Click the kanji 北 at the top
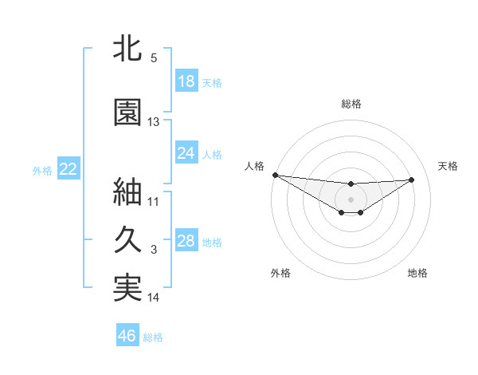point(128,50)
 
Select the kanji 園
point(128,112)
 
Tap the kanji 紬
point(128,191)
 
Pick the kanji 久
point(128,239)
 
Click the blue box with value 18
point(186,81)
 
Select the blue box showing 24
point(186,153)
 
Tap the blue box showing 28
point(186,242)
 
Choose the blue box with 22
point(68,169)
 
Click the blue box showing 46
point(127,336)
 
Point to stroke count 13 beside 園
point(154,122)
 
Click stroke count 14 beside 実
point(154,298)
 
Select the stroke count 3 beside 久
point(154,250)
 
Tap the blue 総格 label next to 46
point(153,337)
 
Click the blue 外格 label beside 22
point(42,170)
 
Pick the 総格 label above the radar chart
point(351,104)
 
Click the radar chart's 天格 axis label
point(449,166)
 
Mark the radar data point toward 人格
point(275,175)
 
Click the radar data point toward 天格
point(412,180)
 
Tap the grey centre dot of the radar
point(351,199)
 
